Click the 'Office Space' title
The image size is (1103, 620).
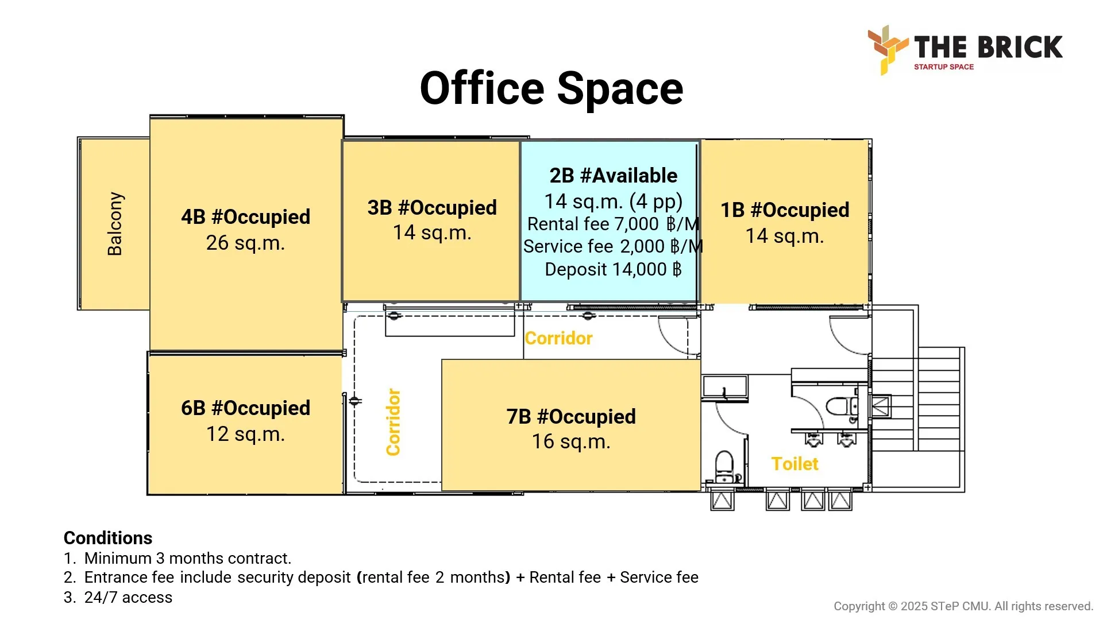point(551,89)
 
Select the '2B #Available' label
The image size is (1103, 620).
point(614,176)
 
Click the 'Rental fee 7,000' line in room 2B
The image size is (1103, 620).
point(613,224)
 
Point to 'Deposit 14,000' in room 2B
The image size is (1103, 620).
point(613,269)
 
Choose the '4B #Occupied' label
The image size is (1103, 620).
point(246,217)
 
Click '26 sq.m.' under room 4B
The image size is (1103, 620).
point(246,243)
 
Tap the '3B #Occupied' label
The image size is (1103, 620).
point(432,208)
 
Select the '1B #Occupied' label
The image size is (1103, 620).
point(785,210)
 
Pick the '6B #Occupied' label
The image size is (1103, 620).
point(246,408)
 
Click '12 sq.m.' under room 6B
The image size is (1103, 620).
point(246,435)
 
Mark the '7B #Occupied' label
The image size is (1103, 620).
point(571,417)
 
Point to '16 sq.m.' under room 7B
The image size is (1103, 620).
point(571,442)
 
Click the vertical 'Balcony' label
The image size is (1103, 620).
point(115,224)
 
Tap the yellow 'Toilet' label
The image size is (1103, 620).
point(795,464)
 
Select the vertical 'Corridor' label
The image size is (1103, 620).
point(394,422)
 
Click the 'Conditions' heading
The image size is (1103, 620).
point(108,538)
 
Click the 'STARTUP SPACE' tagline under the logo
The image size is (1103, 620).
point(944,67)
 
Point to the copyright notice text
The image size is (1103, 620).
point(963,606)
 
